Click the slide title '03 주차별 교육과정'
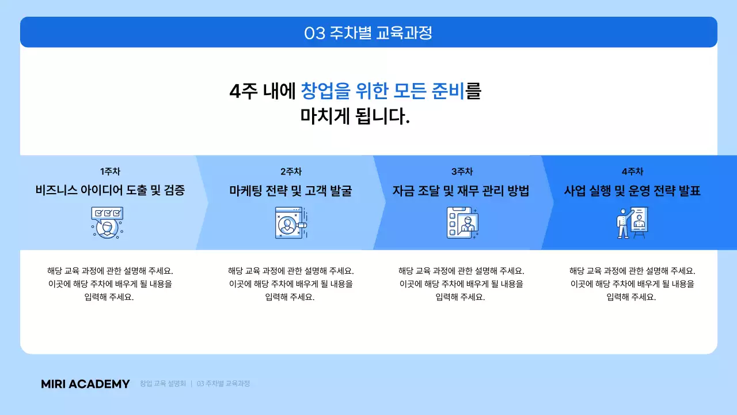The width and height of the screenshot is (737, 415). tap(368, 33)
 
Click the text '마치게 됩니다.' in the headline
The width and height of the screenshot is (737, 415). tap(355, 116)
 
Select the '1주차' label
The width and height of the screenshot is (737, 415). tap(110, 172)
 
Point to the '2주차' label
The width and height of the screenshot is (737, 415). tap(291, 172)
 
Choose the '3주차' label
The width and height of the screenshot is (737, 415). tap(462, 172)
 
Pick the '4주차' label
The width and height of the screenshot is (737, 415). tap(632, 172)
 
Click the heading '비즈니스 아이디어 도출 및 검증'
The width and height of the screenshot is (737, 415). tap(110, 191)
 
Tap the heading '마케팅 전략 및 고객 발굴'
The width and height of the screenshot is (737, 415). tap(291, 191)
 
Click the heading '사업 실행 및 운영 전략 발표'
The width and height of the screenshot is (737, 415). tap(632, 191)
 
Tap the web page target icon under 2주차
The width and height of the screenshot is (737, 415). tap(291, 223)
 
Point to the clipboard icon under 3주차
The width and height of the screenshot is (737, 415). tap(462, 223)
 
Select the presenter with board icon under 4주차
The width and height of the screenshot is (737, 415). tap(632, 223)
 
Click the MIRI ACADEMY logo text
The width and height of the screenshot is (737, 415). tap(85, 384)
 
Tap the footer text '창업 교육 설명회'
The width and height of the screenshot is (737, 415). tap(162, 383)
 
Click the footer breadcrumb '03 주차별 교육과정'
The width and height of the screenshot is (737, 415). tap(223, 383)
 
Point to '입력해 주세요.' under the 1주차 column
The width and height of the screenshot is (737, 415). tap(109, 297)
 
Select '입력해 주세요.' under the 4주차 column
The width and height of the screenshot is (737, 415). tap(632, 297)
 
